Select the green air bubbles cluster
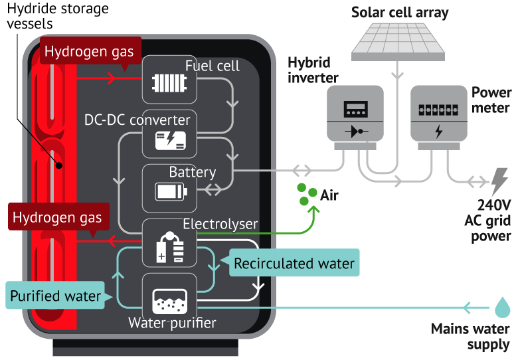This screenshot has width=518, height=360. point(305,193)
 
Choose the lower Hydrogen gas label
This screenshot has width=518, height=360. point(57,218)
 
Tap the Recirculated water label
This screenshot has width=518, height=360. point(294,263)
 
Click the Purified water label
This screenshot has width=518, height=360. point(56,296)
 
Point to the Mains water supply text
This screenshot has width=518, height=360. point(470,337)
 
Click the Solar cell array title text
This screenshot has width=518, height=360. point(400,12)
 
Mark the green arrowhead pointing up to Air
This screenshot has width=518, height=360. point(312,211)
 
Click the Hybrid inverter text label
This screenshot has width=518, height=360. point(313,70)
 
